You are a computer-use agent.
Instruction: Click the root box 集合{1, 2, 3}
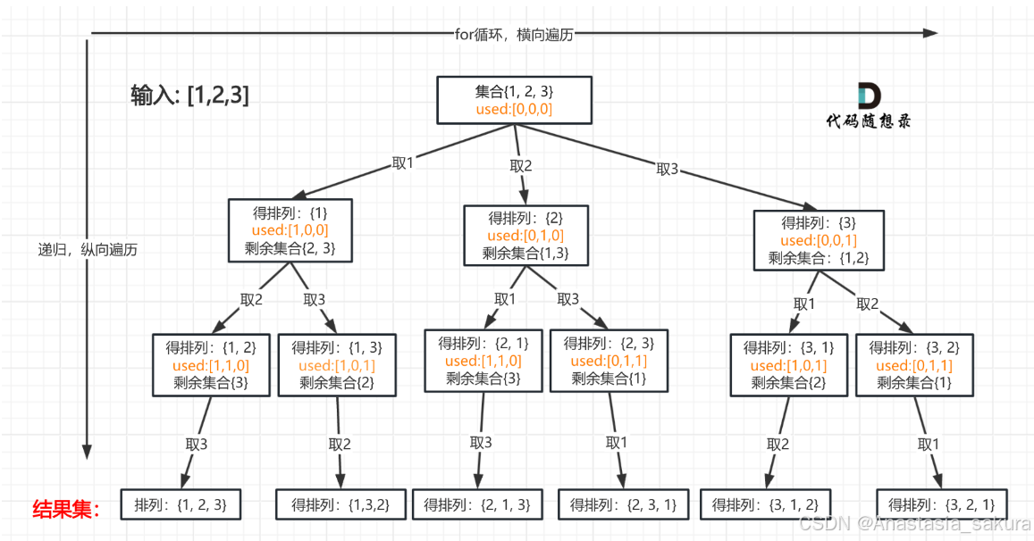point(515,100)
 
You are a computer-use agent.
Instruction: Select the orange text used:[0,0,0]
point(515,110)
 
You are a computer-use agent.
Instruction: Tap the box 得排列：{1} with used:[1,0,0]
point(290,230)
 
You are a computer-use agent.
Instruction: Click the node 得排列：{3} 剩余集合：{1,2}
point(819,240)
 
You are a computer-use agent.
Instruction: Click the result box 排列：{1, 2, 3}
point(181,504)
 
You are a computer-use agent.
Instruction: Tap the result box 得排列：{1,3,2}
point(340,504)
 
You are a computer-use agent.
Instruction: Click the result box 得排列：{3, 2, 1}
point(941,504)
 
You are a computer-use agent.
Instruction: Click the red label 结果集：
point(66,509)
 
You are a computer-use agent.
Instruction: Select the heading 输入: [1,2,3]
point(189,96)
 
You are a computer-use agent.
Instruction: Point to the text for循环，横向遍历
point(514,34)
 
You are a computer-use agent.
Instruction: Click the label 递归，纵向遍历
point(87,250)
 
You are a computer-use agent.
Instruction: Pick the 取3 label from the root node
point(668,169)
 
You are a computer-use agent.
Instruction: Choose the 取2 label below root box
point(521,165)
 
